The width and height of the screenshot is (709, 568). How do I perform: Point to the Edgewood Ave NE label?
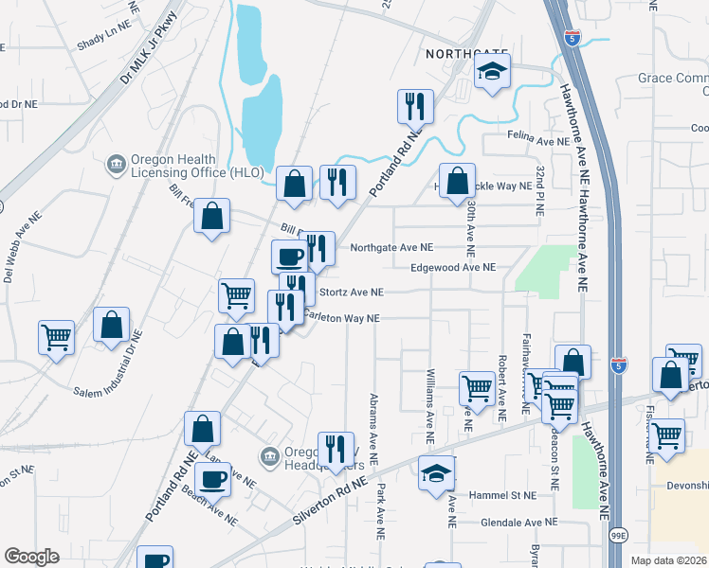(453, 268)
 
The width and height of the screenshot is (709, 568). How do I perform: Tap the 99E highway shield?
(619, 537)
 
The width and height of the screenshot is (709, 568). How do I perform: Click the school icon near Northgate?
(492, 73)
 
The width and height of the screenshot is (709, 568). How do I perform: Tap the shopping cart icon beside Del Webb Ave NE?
(57, 336)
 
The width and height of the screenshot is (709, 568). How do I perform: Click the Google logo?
(31, 557)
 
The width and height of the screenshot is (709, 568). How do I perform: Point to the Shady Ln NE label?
(103, 43)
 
